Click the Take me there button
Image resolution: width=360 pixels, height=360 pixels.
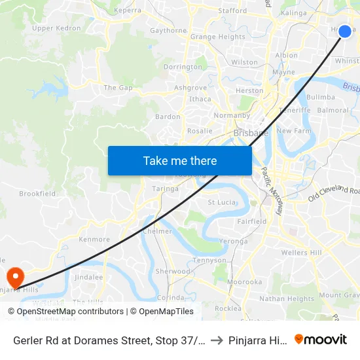pos(180,160)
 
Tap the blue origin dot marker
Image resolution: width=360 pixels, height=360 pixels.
pos(345,31)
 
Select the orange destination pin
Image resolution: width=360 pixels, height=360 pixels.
pos(14,276)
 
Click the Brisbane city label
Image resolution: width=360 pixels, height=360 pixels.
pos(251,133)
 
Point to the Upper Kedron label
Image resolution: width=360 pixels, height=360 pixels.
pos(56,28)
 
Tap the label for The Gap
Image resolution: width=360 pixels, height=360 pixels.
pos(118,87)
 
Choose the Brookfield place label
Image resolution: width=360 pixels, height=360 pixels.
pos(37,194)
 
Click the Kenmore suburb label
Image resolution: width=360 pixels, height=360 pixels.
pos(94,240)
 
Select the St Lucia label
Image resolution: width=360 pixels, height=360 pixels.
pos(221,202)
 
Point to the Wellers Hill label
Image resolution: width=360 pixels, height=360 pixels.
pos(301,253)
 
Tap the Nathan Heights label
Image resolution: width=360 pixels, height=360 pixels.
pos(287,299)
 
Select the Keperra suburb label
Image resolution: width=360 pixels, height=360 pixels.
pos(127,10)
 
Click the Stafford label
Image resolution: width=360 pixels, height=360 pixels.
pos(232,10)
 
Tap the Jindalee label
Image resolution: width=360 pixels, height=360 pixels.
pos(89,277)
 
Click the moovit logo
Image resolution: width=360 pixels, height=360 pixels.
pos(321,339)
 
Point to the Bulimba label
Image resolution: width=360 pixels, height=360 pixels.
pos(320,97)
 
